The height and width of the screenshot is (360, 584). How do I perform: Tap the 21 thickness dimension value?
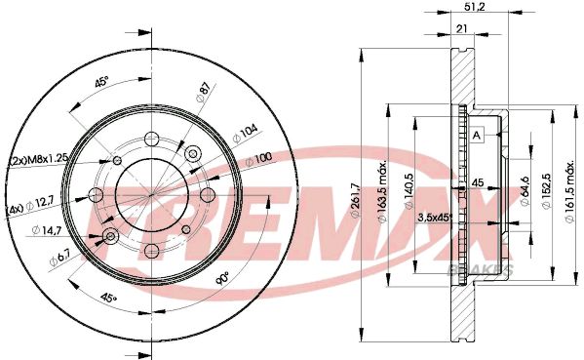coord(461,28)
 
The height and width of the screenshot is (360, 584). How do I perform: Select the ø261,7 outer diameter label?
coord(355,199)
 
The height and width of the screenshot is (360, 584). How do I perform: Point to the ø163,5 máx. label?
coord(382,193)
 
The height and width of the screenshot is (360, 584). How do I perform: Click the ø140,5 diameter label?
coord(409,191)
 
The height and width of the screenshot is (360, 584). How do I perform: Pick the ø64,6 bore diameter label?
coord(525,191)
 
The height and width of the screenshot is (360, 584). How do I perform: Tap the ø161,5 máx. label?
coord(569,192)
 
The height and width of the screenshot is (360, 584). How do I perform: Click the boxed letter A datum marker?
coord(477,136)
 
